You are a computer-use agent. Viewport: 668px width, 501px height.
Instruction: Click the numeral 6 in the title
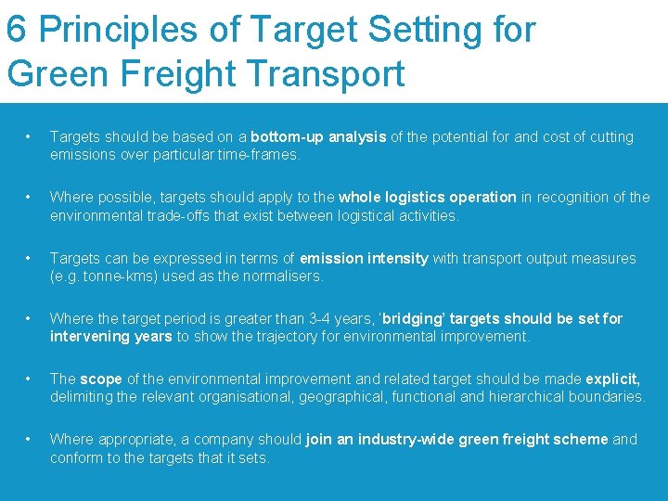[16, 30]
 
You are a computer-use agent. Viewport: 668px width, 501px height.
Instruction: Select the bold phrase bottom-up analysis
[318, 137]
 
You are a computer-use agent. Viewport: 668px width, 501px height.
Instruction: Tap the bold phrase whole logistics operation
[428, 198]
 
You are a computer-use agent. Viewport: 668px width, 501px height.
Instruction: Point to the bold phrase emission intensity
[365, 258]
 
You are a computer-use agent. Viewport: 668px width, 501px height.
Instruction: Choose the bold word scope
[101, 379]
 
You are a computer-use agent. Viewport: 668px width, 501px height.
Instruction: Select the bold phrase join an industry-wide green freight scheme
[457, 439]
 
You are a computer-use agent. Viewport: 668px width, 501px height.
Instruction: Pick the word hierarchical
[530, 397]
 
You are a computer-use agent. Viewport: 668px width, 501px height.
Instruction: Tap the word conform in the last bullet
[77, 457]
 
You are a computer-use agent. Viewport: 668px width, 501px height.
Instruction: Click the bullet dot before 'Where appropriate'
[31, 439]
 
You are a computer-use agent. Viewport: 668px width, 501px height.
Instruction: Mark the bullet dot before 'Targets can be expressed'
[31, 258]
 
